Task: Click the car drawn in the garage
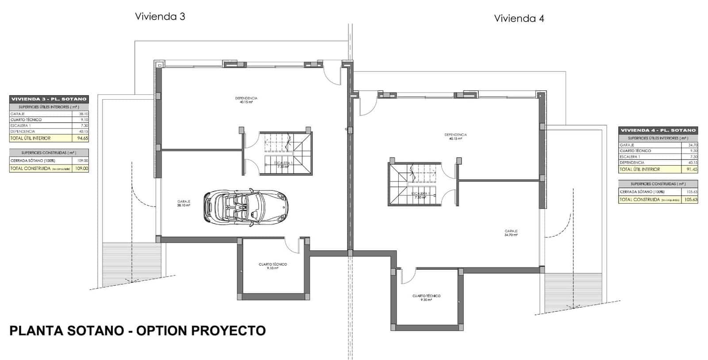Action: pyautogui.click(x=246, y=208)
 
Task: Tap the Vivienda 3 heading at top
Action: pyautogui.click(x=160, y=16)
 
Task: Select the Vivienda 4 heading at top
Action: pyautogui.click(x=519, y=18)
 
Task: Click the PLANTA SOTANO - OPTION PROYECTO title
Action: pyautogui.click(x=138, y=331)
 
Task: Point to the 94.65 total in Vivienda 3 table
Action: pyautogui.click(x=82, y=138)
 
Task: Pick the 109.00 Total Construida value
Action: pyautogui.click(x=82, y=168)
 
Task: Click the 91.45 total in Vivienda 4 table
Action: pyautogui.click(x=692, y=169)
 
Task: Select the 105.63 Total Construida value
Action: pyautogui.click(x=691, y=200)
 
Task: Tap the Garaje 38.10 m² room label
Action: pyautogui.click(x=184, y=203)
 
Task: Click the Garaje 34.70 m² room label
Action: pyautogui.click(x=511, y=232)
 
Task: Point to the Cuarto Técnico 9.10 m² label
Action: pyautogui.click(x=273, y=266)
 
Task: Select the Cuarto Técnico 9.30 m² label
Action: pyautogui.click(x=426, y=298)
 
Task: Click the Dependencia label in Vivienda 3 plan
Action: pyautogui.click(x=246, y=100)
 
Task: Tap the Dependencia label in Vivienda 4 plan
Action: pyautogui.click(x=455, y=136)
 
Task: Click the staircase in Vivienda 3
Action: pyautogui.click(x=288, y=153)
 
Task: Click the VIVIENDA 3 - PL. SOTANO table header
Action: pyautogui.click(x=49, y=99)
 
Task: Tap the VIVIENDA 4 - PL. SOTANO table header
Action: pyautogui.click(x=658, y=130)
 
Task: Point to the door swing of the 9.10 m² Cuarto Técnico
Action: pyautogui.click(x=291, y=245)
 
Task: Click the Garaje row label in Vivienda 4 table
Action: pyautogui.click(x=627, y=145)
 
